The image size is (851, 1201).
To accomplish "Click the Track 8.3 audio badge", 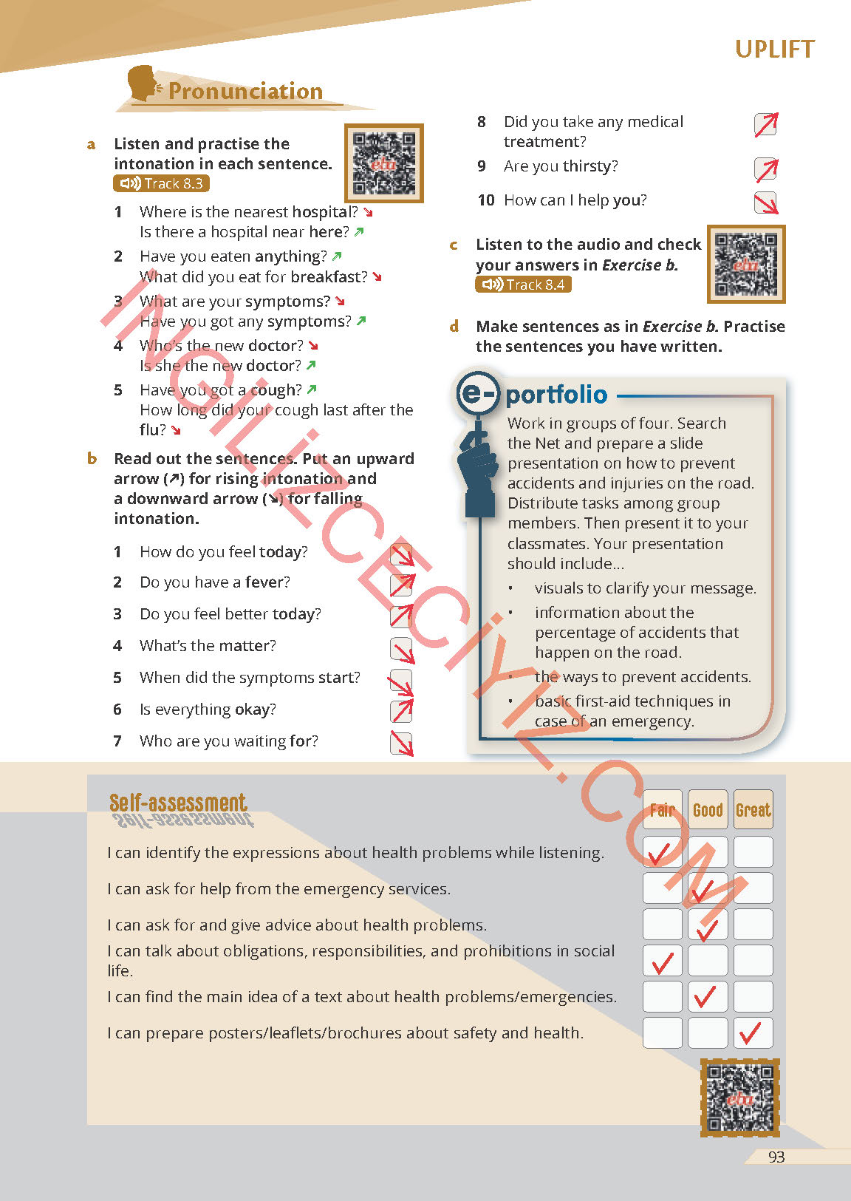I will click(162, 183).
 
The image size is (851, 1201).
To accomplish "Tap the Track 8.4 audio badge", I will click(523, 285).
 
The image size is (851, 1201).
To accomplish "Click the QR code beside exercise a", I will click(383, 163).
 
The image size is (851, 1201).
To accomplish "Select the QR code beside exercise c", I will click(745, 264).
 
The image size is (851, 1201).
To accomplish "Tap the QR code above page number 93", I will click(739, 1098).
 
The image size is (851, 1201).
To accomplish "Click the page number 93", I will click(776, 1157).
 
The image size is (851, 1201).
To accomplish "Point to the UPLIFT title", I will click(774, 50).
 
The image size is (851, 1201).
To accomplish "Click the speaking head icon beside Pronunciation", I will click(143, 84).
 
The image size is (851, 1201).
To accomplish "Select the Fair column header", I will click(662, 810).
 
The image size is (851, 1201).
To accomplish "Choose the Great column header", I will click(753, 810).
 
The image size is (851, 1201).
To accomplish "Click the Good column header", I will click(708, 810).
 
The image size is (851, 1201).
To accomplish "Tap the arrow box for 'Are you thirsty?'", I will click(766, 169).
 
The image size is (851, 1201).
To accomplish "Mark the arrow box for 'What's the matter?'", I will click(402, 649).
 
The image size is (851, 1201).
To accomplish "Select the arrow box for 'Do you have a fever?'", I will click(402, 585).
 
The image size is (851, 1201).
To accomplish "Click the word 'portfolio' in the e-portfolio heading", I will click(556, 395).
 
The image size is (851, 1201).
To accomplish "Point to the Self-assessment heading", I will click(178, 803).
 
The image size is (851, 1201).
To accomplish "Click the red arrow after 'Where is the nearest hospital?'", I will click(368, 213).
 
